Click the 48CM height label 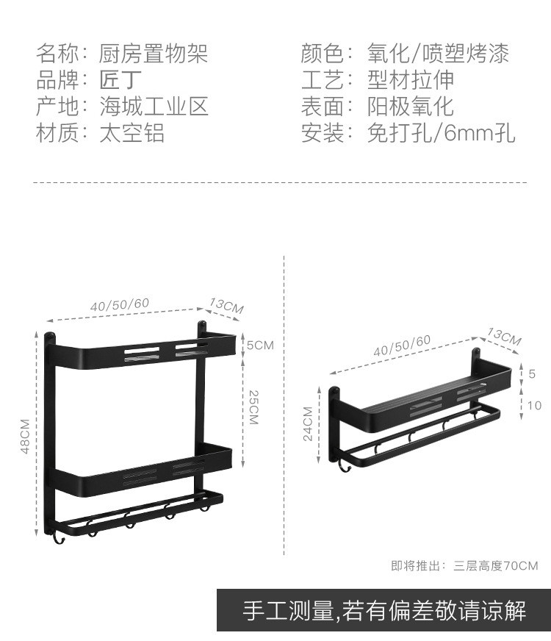[x=24, y=436]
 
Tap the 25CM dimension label [x=253, y=407]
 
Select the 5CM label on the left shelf [x=259, y=345]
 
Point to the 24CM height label [x=308, y=423]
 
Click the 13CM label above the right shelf [x=504, y=337]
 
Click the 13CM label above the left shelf [x=226, y=306]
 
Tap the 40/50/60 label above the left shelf [x=120, y=304]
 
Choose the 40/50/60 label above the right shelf [x=402, y=345]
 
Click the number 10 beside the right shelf [x=534, y=405]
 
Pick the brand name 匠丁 [x=121, y=79]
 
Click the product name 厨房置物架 [x=154, y=53]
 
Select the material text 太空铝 [x=132, y=132]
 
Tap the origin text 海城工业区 [x=154, y=106]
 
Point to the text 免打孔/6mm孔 [x=442, y=132]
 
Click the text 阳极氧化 [x=411, y=106]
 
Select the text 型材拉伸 [x=411, y=79]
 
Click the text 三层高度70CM [x=496, y=565]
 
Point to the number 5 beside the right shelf [x=533, y=373]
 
